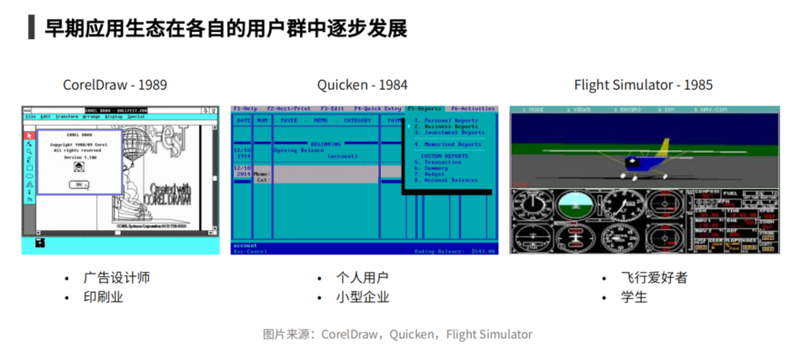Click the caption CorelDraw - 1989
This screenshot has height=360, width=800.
[115, 85]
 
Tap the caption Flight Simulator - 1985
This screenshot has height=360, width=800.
[643, 85]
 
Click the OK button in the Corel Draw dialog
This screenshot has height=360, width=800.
[78, 184]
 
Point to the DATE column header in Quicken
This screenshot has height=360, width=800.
[242, 121]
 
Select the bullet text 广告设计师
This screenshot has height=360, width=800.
[116, 278]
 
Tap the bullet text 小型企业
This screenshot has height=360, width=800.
[362, 297]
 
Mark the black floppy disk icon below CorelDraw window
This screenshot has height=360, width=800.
[39, 242]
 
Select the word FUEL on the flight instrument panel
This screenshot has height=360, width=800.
[730, 193]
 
